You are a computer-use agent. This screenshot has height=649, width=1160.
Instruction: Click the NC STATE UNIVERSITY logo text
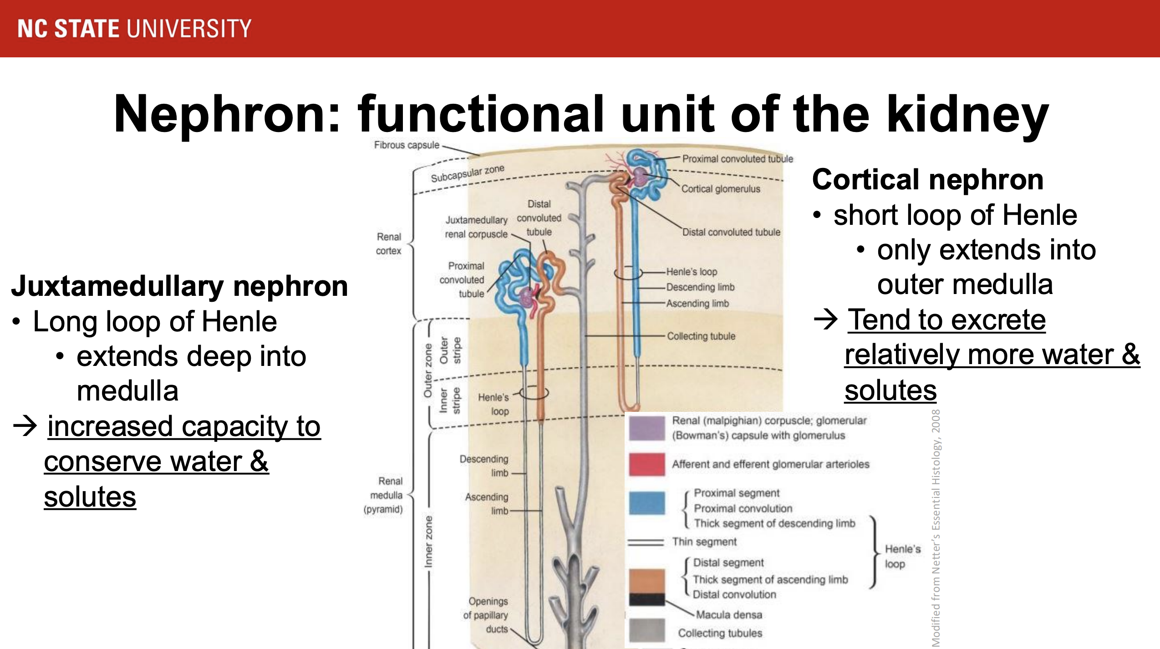(134, 28)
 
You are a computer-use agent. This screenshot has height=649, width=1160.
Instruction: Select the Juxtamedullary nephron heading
(180, 286)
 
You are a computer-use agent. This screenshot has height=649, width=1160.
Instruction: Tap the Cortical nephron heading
(928, 179)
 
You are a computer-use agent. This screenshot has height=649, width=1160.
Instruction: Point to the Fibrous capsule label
(407, 145)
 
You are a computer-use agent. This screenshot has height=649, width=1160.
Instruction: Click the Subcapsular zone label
(468, 173)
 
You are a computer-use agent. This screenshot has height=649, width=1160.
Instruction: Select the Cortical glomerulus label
(721, 189)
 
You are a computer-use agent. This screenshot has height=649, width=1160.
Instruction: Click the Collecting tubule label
(701, 336)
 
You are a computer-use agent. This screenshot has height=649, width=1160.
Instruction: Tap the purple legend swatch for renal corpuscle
(646, 428)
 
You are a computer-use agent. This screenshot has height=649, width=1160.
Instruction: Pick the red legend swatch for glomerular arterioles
(646, 464)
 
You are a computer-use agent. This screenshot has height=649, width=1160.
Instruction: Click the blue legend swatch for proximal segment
(646, 503)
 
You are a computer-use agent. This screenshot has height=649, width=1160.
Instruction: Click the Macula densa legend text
(729, 615)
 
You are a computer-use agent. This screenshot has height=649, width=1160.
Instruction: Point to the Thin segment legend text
(704, 542)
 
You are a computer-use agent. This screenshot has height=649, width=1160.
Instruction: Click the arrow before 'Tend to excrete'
(826, 319)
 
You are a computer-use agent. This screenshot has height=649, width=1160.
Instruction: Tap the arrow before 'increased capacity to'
(25, 426)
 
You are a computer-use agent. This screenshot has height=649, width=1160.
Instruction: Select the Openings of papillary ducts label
(486, 615)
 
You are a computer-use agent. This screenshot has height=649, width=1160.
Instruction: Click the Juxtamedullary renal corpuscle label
(476, 227)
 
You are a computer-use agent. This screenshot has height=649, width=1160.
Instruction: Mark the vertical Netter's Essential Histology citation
(936, 528)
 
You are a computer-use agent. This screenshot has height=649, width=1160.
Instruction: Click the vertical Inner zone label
(428, 542)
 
